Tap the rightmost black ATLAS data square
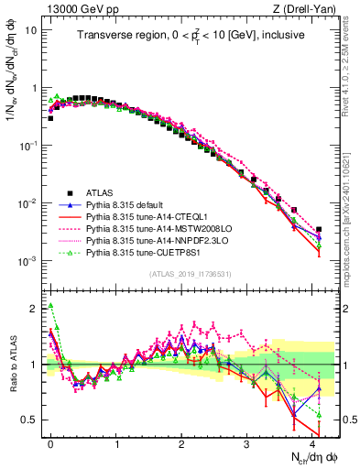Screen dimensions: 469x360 coord(318,230)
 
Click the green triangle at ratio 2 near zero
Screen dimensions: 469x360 coord(51,306)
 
